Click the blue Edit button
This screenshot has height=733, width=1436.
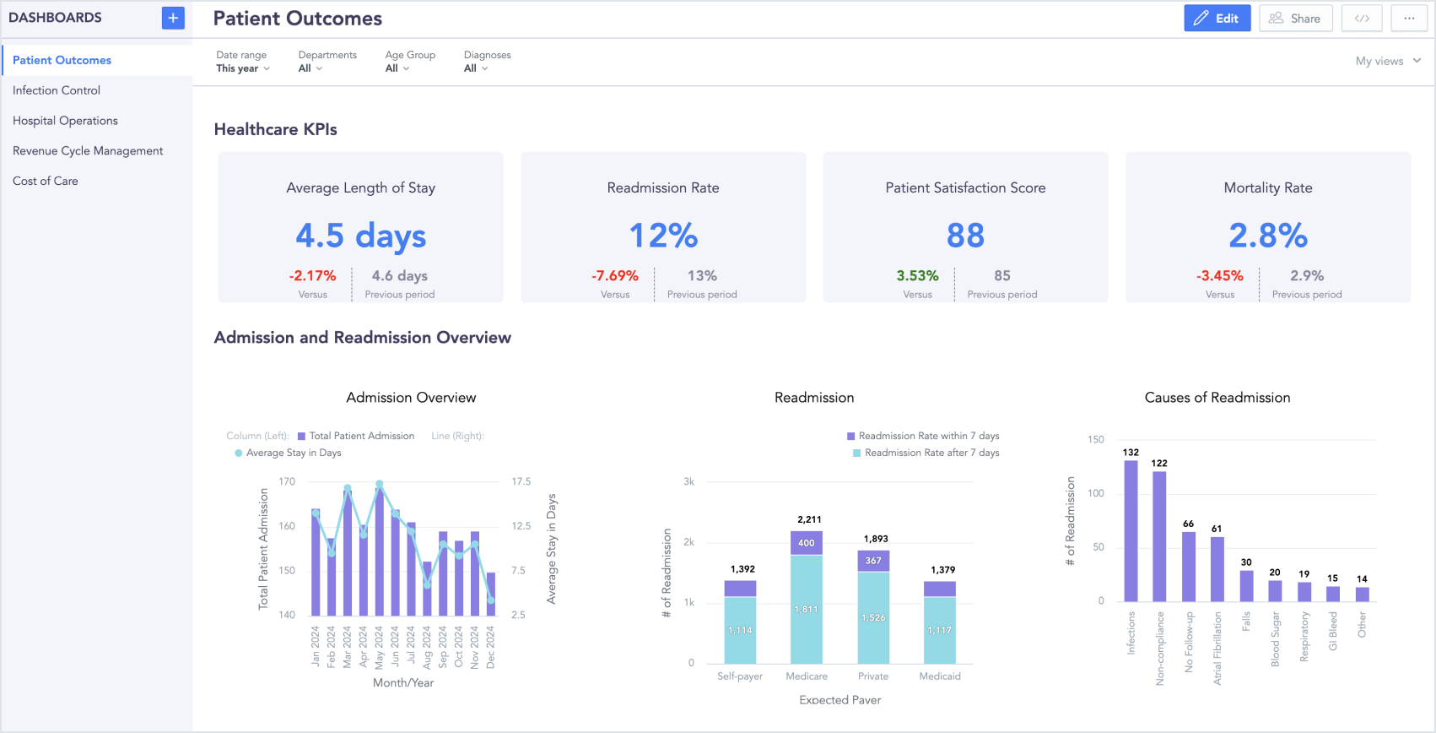1217,18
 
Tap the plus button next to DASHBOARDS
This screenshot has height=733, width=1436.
173,18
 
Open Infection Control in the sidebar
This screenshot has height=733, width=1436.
57,90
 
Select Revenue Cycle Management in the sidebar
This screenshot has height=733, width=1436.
88,151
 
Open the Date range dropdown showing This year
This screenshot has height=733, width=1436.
242,68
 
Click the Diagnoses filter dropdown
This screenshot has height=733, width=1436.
476,68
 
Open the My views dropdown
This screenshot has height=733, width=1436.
1388,61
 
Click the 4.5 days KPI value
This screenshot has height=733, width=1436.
360,236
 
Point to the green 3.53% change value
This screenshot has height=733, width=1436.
917,276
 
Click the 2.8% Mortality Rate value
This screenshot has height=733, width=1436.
1267,236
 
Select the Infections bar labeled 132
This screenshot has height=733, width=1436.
1131,530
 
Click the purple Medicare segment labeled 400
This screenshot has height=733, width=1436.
806,543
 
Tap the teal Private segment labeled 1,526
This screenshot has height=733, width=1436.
873,617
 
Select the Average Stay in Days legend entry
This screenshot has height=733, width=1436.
292,453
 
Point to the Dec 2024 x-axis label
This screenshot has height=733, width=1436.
490,648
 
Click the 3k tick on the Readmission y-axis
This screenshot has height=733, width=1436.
688,482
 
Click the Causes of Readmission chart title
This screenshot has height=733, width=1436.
1217,398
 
